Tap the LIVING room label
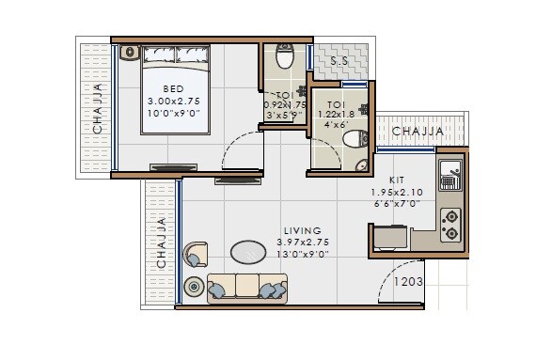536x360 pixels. click(302, 230)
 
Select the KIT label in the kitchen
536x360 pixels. click(397, 178)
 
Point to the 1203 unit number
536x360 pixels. click(407, 280)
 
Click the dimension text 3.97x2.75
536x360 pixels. click(303, 242)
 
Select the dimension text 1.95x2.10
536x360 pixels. click(397, 192)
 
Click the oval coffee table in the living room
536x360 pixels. click(249, 252)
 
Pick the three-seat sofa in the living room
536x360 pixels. click(246, 287)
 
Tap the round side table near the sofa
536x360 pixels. click(195, 286)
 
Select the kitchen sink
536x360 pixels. click(450, 174)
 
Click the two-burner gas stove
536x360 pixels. click(450, 224)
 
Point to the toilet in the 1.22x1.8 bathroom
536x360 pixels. click(352, 141)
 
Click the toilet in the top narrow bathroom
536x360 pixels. click(284, 57)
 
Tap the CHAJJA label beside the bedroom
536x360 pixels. click(98, 111)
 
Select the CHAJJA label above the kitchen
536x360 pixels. click(418, 132)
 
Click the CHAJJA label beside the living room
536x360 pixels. click(162, 243)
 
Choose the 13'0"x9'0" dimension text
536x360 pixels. click(303, 253)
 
